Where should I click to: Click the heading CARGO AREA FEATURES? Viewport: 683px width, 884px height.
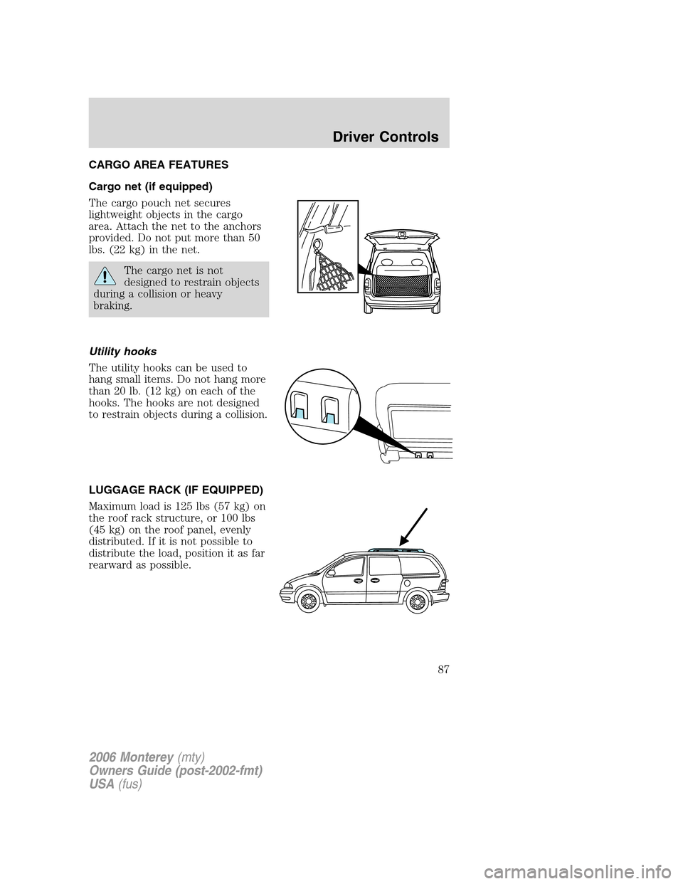159,165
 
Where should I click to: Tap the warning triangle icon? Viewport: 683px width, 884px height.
105,275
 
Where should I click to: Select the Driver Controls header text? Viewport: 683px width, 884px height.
386,137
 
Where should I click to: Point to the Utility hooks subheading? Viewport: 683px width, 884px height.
122,352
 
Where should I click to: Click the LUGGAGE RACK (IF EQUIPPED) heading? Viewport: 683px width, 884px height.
176,490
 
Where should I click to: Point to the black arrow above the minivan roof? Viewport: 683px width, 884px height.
413,527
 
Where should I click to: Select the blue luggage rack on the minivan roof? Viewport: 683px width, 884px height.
396,549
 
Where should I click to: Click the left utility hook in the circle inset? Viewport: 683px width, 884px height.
300,407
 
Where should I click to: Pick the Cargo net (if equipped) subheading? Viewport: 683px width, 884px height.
150,186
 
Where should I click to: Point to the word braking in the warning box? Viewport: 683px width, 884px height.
112,306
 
